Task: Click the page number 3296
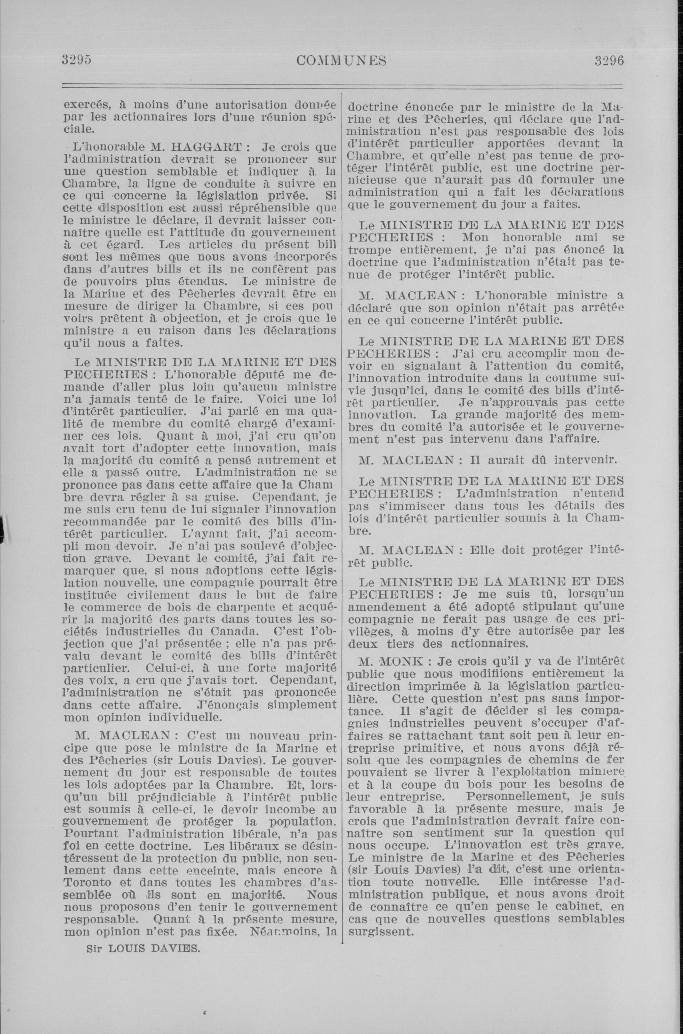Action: click(609, 60)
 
